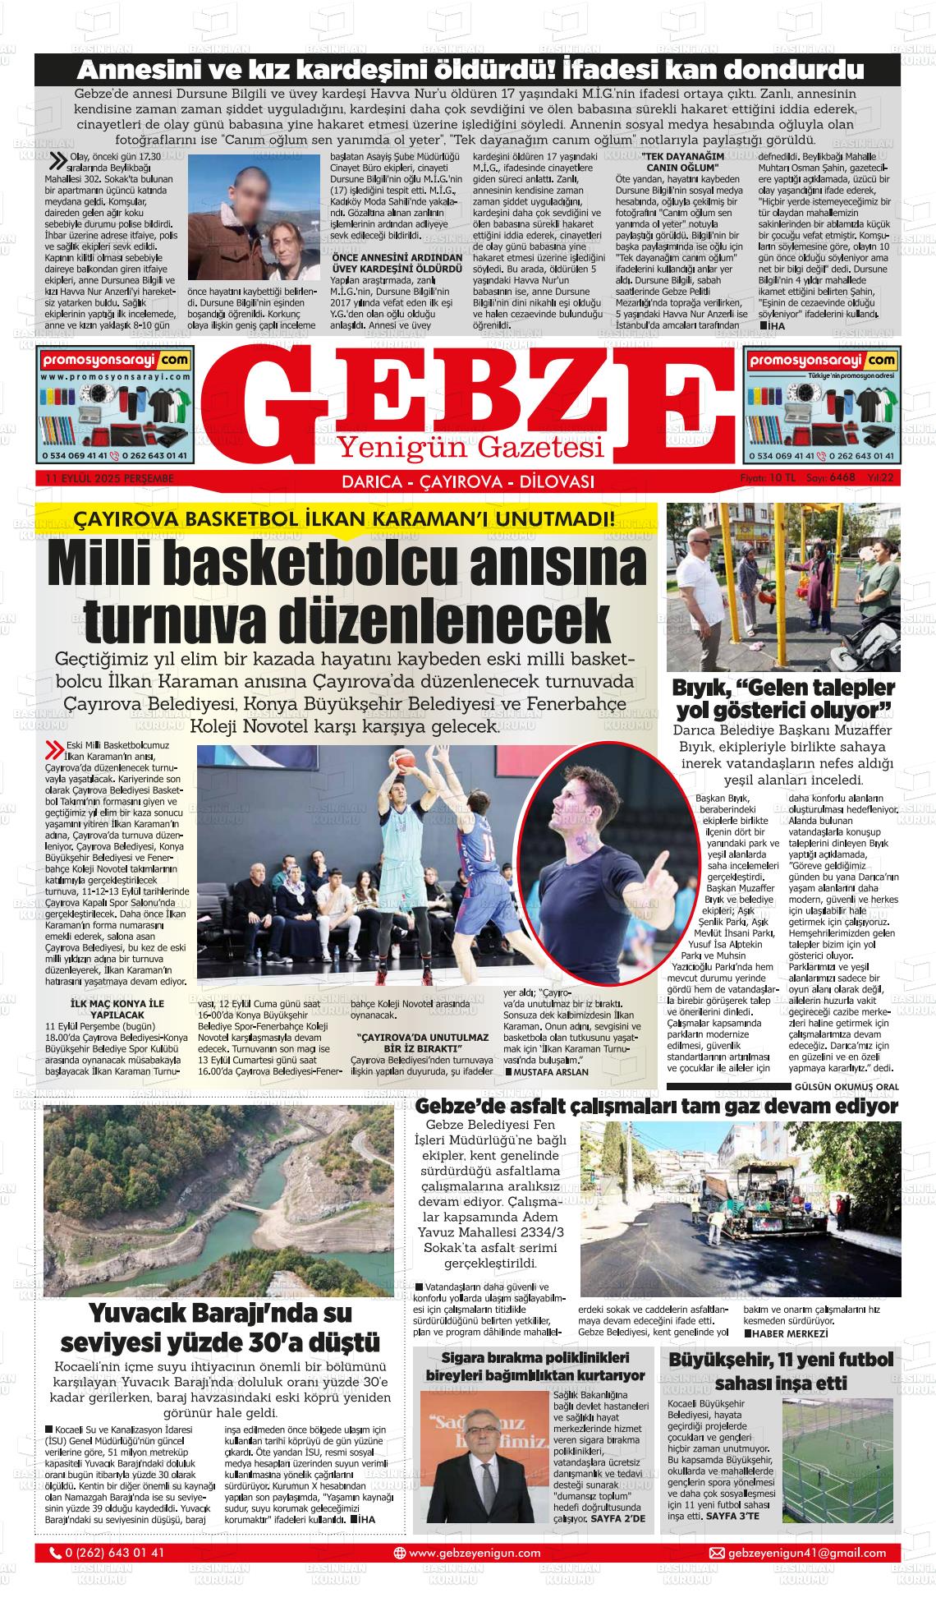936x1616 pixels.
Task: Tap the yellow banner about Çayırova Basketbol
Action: pyautogui.click(x=344, y=519)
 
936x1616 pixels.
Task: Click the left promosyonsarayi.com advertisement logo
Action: pyautogui.click(x=115, y=361)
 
